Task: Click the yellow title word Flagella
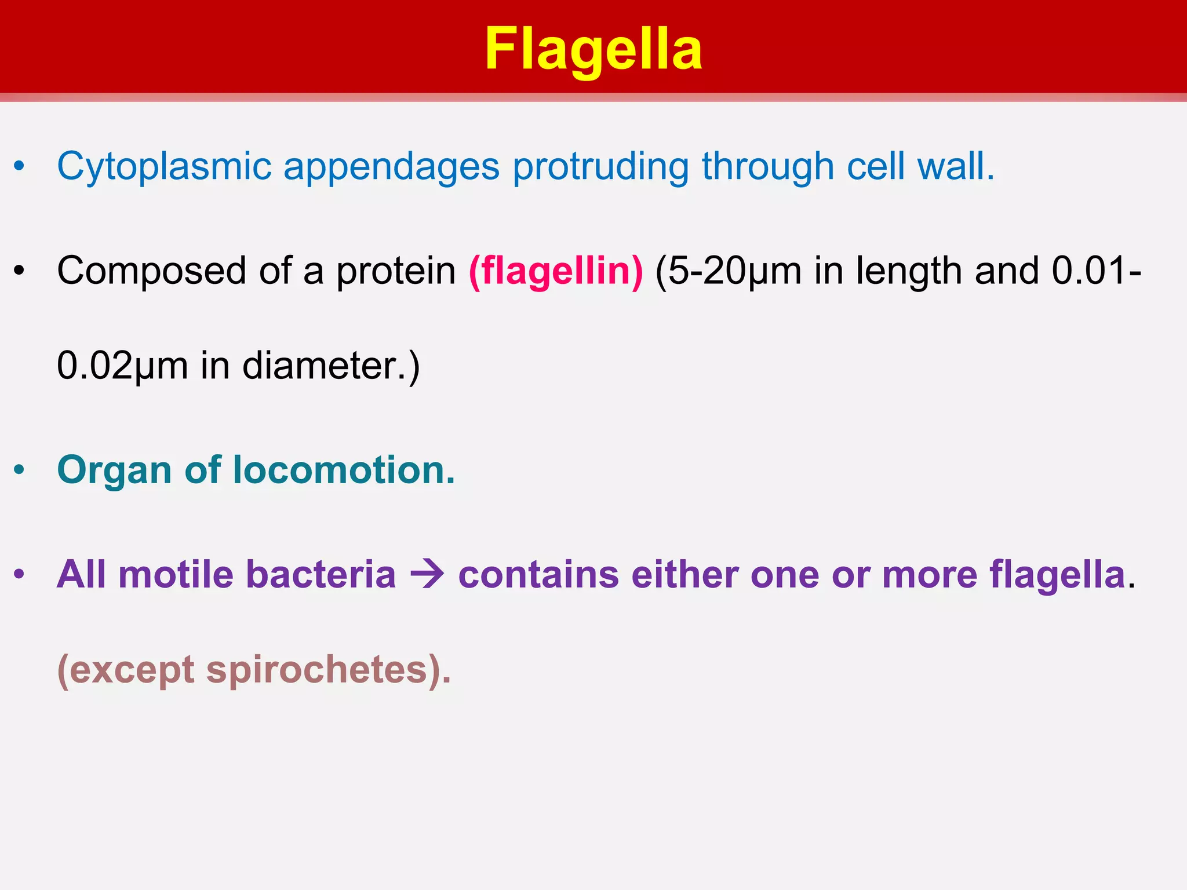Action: point(593,50)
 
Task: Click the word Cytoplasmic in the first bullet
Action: point(164,167)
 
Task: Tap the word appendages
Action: point(391,167)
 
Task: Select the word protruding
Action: point(600,167)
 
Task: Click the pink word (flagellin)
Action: point(556,271)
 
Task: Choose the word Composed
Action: point(151,271)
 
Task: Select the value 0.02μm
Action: point(122,366)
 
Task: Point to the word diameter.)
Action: point(331,366)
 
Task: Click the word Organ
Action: point(115,470)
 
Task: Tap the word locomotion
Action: point(344,469)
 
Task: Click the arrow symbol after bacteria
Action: point(427,575)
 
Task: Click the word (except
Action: point(126,671)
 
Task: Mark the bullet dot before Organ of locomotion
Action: point(20,470)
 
